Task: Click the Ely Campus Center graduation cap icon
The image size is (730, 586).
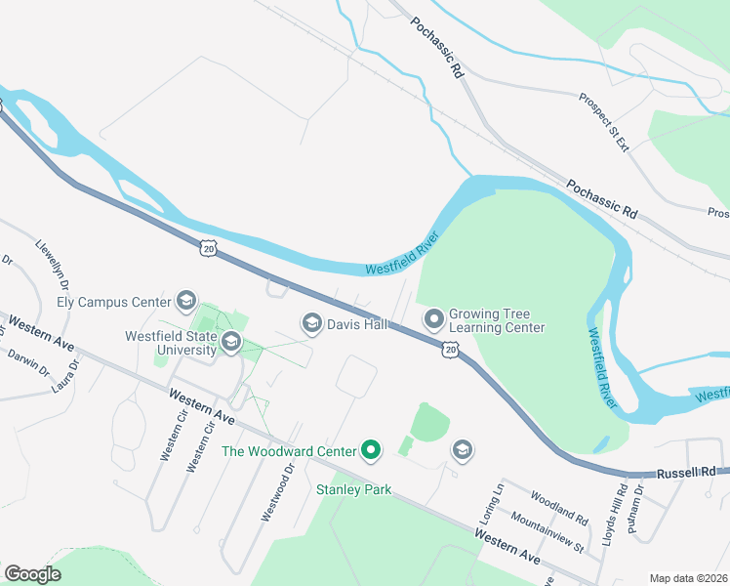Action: pyautogui.click(x=186, y=302)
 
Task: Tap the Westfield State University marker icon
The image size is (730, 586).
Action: pyautogui.click(x=231, y=341)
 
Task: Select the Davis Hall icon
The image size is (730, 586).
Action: pyautogui.click(x=312, y=322)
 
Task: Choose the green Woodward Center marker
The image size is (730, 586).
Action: pyautogui.click(x=371, y=450)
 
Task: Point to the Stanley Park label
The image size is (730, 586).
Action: pyautogui.click(x=354, y=489)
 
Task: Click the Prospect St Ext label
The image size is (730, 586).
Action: pyautogui.click(x=604, y=123)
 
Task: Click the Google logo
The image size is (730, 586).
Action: pyautogui.click(x=32, y=574)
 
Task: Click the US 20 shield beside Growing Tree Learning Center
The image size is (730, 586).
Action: pyautogui.click(x=449, y=349)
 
